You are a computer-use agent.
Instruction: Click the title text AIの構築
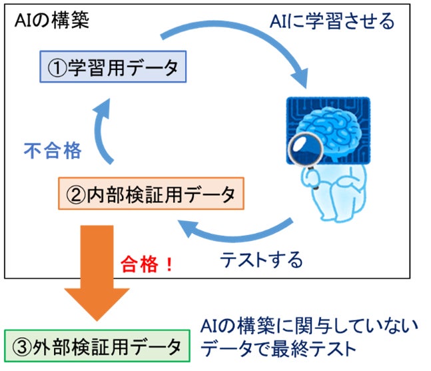(x=52, y=21)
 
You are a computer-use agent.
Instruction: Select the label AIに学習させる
(x=332, y=21)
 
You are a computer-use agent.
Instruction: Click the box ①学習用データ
(x=113, y=67)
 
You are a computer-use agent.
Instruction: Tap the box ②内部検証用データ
(x=151, y=193)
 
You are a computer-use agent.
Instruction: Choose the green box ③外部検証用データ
(x=97, y=346)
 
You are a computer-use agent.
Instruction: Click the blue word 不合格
(x=53, y=151)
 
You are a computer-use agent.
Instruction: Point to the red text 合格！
(x=147, y=264)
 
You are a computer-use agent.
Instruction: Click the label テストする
(x=261, y=260)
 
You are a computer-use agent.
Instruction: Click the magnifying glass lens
(x=305, y=149)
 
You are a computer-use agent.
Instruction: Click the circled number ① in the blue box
(x=57, y=68)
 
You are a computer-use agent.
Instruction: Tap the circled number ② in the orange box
(x=76, y=195)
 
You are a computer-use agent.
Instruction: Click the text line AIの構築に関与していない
(x=309, y=326)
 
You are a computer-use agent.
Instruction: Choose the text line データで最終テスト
(x=278, y=349)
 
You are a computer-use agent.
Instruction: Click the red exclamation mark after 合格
(x=169, y=264)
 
